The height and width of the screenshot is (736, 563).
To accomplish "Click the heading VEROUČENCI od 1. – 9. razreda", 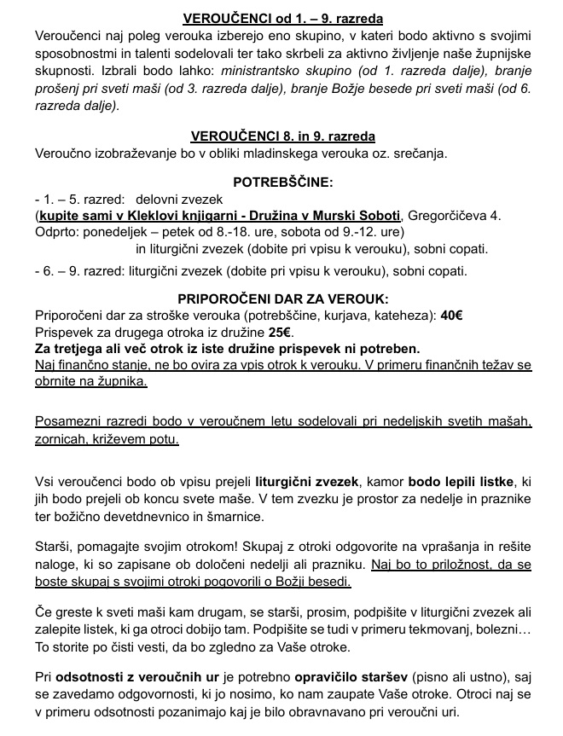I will coord(281,19).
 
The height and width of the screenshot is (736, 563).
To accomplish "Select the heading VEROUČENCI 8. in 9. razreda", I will coord(282,136).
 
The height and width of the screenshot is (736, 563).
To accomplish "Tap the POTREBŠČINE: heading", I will coord(282,183).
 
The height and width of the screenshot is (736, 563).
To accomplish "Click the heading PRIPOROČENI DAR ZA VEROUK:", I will coord(282,298).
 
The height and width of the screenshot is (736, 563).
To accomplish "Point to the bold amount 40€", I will coord(452,316).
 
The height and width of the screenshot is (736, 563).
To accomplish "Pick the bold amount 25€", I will coord(281,333).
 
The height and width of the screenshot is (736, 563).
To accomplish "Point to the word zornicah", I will coord(64,440).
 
